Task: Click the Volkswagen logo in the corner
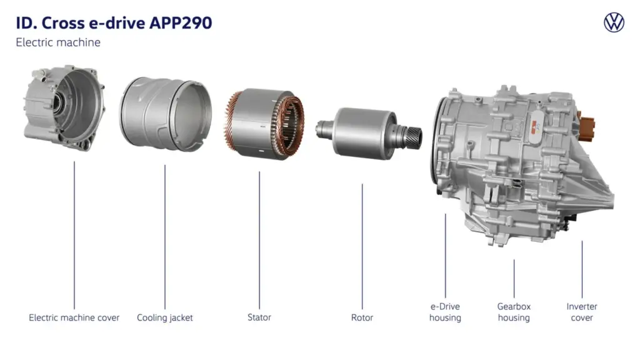point(614,23)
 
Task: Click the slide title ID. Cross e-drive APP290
point(114,23)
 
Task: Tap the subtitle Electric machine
point(58,42)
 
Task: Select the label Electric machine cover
point(74,317)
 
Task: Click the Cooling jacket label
point(165,317)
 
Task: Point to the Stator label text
point(259,317)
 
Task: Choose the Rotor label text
point(362,317)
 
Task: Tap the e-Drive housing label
point(445,312)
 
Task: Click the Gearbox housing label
point(514,312)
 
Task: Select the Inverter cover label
point(582,312)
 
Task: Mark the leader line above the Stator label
point(259,237)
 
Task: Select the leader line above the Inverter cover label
point(582,269)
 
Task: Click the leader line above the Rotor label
point(362,244)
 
